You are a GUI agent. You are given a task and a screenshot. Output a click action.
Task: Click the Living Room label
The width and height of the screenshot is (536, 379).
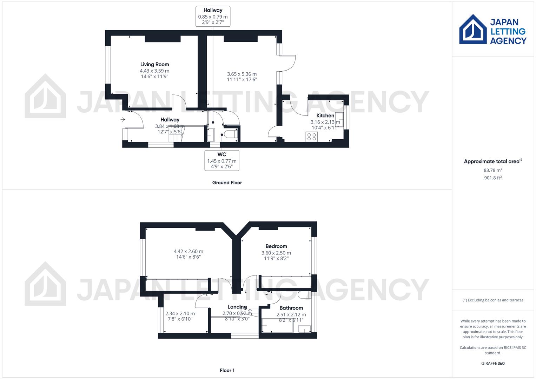pos(154,64)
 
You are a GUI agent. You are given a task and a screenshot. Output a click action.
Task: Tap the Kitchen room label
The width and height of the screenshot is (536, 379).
pos(325,115)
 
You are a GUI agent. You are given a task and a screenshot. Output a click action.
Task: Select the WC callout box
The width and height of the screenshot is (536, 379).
pos(222,160)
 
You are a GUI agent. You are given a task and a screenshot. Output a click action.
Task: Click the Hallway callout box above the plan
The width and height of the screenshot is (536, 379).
pos(213,16)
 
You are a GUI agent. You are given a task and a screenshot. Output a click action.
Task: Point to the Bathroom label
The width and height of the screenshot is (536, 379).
pos(291,308)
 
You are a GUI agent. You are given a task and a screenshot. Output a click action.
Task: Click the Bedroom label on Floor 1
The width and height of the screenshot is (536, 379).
pos(276,246)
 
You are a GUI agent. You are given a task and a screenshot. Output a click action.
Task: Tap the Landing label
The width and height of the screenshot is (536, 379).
pos(237,307)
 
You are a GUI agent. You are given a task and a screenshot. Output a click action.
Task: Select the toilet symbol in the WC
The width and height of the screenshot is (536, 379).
pos(231,135)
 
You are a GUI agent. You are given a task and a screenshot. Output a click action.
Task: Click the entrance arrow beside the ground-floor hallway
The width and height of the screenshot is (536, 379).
pos(123,120)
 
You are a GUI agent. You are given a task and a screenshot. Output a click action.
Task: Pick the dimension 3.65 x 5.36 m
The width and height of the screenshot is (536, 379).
pos(241,74)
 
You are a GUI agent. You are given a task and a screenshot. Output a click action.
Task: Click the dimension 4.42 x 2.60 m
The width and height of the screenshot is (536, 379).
pos(188,251)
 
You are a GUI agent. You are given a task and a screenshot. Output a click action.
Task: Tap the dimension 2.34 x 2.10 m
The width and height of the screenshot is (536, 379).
pos(180,313)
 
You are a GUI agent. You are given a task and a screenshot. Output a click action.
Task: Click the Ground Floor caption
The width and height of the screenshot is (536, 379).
pos(227,182)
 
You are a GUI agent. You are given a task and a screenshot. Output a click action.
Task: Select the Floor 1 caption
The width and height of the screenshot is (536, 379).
pos(227,370)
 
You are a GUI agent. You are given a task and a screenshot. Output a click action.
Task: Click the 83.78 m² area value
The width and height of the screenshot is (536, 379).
pos(492,170)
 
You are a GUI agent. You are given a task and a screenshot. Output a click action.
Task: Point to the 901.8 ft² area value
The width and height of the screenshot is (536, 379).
pos(492,178)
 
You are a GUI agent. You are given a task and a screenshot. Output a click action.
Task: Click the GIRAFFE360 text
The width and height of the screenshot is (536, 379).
pos(492,363)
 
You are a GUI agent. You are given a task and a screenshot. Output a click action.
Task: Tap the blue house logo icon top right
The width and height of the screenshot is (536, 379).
pos(473,29)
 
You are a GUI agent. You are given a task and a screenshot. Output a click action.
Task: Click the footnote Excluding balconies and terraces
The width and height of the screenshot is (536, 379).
pos(492,300)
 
